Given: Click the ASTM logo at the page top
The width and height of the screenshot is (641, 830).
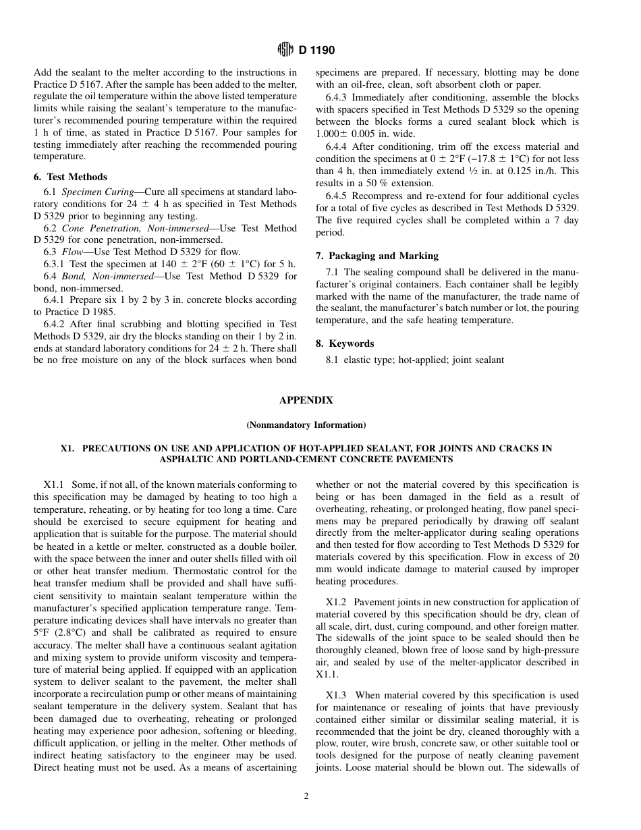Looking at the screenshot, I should (285, 50).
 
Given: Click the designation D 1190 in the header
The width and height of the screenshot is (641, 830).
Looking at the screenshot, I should (317, 50).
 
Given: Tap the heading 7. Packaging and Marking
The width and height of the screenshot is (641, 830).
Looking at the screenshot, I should (377, 256).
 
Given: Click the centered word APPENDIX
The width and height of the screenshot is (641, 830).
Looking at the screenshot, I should (306, 400).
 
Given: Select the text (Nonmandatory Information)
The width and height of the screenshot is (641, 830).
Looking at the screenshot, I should (306, 425).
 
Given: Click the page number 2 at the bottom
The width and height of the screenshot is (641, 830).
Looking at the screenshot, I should (306, 796).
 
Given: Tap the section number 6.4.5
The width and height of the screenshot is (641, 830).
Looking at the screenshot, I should (337, 196).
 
